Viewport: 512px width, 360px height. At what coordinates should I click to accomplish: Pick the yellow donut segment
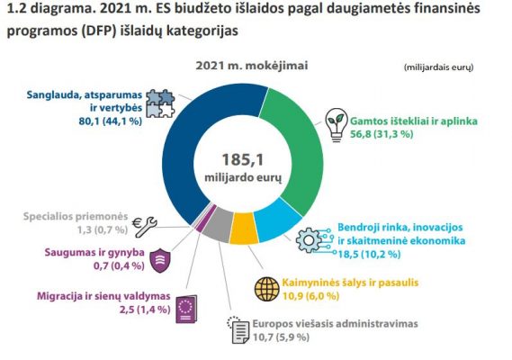(x=243, y=229)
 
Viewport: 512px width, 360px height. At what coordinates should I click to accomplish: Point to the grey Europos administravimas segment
(x=218, y=224)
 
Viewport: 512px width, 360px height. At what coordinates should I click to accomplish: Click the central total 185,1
(x=243, y=159)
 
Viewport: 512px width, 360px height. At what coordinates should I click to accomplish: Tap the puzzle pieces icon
(x=160, y=103)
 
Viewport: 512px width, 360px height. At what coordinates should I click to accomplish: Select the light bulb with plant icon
(x=337, y=125)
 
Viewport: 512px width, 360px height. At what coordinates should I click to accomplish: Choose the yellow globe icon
(x=266, y=289)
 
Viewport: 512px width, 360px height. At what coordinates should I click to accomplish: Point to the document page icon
(x=238, y=330)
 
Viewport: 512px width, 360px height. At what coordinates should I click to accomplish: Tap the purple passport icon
(x=186, y=310)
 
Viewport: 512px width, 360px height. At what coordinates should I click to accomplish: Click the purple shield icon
(x=160, y=260)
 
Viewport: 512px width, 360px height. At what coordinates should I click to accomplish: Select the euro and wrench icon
(x=145, y=226)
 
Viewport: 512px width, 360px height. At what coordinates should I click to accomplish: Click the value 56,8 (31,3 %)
(x=382, y=134)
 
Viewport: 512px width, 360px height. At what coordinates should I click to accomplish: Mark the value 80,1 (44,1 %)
(x=111, y=121)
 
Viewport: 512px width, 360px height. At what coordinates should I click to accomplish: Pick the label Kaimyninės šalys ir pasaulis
(x=350, y=283)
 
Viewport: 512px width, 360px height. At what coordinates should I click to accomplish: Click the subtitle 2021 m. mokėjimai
(x=252, y=66)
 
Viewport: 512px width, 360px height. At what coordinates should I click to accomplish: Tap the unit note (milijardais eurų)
(x=438, y=67)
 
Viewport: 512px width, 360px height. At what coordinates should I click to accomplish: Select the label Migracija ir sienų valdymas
(x=103, y=296)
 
